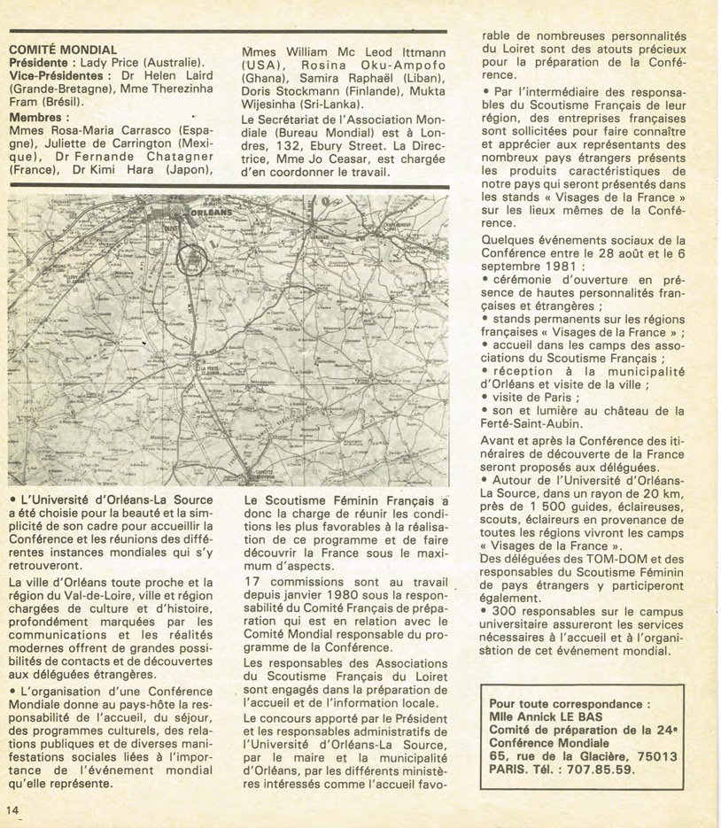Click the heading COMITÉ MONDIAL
point(62,50)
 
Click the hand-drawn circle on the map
point(191,259)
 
